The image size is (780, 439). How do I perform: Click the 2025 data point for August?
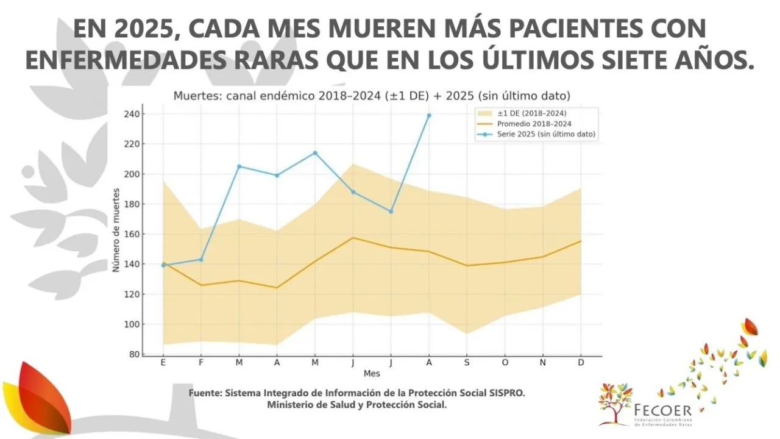coord(429,115)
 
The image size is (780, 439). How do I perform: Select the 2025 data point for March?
coord(239,166)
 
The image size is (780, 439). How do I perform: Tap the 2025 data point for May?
coord(315,152)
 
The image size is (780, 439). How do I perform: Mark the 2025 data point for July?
coord(391,211)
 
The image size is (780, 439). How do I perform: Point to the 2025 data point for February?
coord(201,259)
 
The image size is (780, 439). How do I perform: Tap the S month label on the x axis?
coord(467,362)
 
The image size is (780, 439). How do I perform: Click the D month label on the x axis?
coord(581,362)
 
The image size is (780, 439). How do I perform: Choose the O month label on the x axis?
coord(505,362)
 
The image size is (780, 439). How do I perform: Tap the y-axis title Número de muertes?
coord(116,235)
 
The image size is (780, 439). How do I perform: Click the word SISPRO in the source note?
coord(506,393)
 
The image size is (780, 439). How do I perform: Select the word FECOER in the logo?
coord(662,409)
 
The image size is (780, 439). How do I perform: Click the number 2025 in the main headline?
coord(151,29)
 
